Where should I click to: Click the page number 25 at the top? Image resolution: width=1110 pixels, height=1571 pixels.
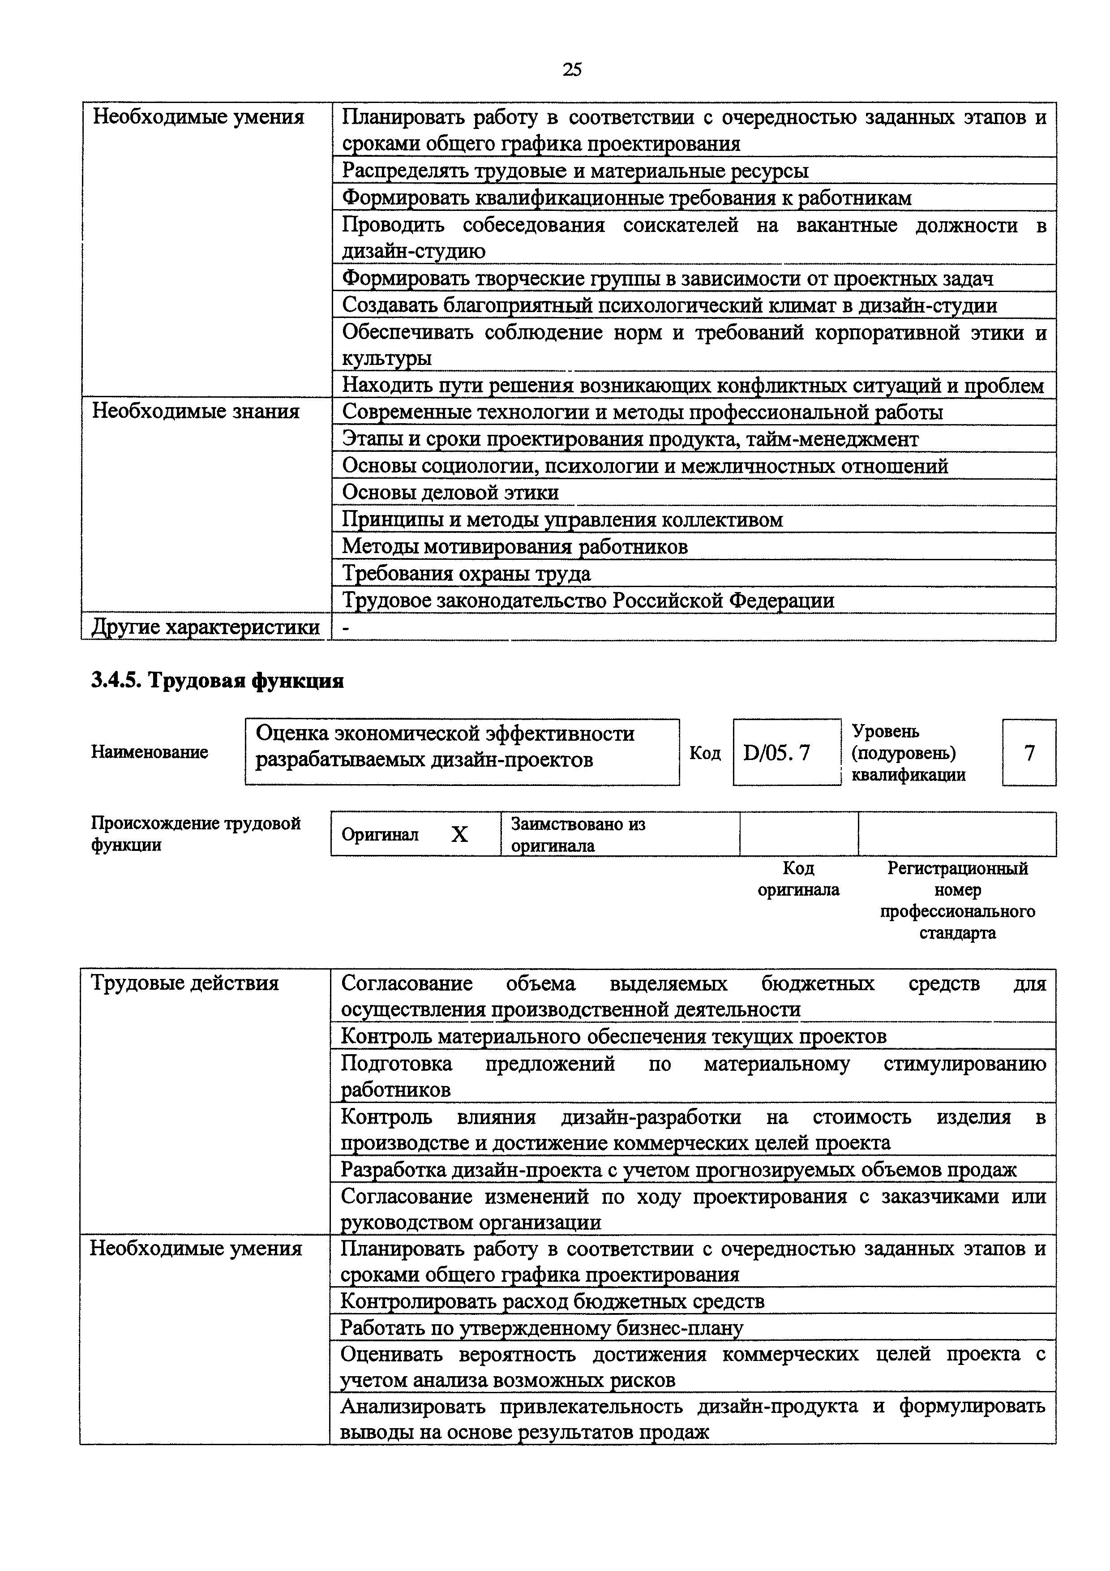(572, 69)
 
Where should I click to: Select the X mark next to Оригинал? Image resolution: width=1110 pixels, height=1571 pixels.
(459, 834)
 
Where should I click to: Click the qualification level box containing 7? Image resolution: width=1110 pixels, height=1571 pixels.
(1029, 753)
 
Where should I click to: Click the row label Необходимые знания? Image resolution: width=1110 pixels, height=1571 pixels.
(196, 412)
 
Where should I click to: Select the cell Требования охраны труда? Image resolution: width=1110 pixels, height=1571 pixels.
(467, 573)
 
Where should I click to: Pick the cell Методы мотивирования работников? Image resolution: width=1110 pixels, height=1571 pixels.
(514, 547)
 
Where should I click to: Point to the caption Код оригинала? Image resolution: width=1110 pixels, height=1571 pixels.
(798, 879)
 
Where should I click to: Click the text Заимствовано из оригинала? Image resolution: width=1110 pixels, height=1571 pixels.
(578, 834)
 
